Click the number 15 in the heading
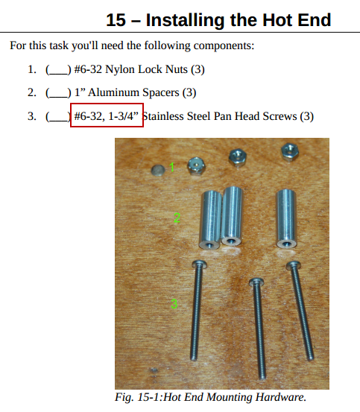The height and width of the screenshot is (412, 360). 116,20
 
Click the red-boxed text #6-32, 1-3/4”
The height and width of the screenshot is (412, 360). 106,116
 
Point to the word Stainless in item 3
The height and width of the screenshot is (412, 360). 163,116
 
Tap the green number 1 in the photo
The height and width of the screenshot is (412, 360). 172,168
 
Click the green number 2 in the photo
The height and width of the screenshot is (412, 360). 177,218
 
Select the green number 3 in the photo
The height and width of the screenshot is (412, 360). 174,304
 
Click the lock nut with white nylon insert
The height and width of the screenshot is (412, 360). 196,165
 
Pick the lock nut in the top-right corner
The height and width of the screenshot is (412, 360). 289,151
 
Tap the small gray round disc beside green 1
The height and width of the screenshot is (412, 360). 158,170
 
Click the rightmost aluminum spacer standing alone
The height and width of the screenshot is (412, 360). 286,218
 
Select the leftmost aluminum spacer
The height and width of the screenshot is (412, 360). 211,220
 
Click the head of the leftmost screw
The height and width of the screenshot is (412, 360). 199,264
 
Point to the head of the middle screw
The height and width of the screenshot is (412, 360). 256,282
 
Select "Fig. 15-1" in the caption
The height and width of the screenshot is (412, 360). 138,397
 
